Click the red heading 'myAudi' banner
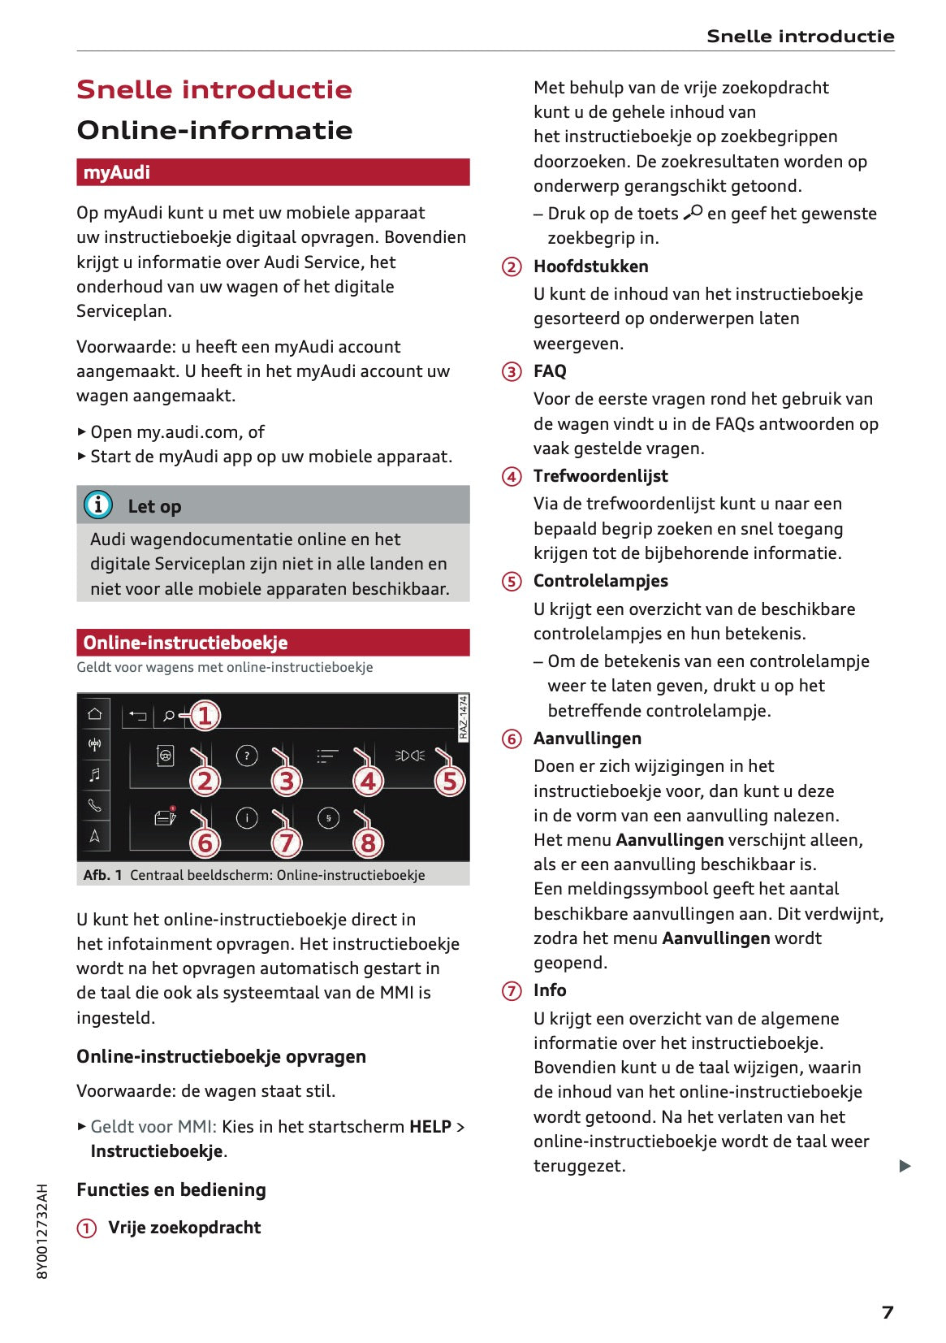(x=273, y=172)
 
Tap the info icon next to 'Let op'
(x=98, y=505)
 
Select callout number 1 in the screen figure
(x=205, y=715)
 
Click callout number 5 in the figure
(x=449, y=781)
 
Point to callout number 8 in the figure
(x=368, y=843)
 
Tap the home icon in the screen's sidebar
(x=95, y=713)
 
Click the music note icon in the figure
(x=95, y=774)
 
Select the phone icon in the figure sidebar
(x=95, y=805)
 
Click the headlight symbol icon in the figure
(x=410, y=756)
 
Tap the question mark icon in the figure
(x=247, y=756)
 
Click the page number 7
(x=888, y=1312)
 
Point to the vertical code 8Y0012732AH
(x=43, y=1231)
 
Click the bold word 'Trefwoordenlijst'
(x=600, y=476)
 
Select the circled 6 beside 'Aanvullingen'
(x=512, y=739)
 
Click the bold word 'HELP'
(x=430, y=1127)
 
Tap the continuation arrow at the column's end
(x=905, y=1166)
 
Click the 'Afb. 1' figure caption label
(x=102, y=875)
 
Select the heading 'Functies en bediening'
(x=171, y=1189)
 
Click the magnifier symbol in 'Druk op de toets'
(x=693, y=213)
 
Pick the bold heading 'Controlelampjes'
(x=600, y=581)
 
